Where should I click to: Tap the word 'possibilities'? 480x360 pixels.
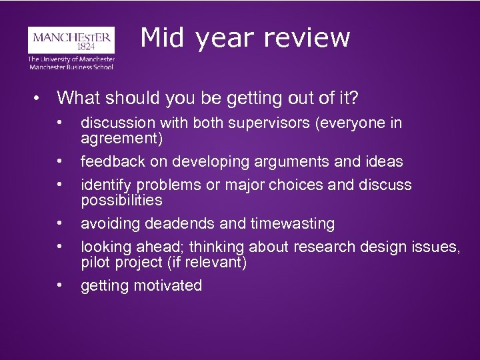(x=121, y=200)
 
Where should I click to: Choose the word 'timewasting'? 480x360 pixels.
(x=296, y=223)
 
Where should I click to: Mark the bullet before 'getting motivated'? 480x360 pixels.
(x=60, y=285)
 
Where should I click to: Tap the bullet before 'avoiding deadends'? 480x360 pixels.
(x=60, y=223)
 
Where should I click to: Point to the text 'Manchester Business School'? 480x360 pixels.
(x=71, y=66)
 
